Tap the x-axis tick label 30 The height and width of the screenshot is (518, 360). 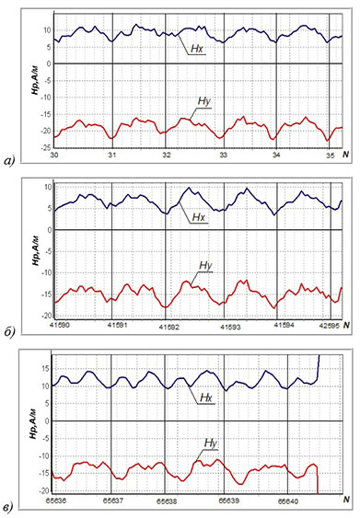click(x=54, y=155)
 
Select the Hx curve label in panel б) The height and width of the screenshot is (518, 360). click(x=199, y=219)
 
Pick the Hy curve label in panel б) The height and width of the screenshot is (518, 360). click(x=206, y=266)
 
